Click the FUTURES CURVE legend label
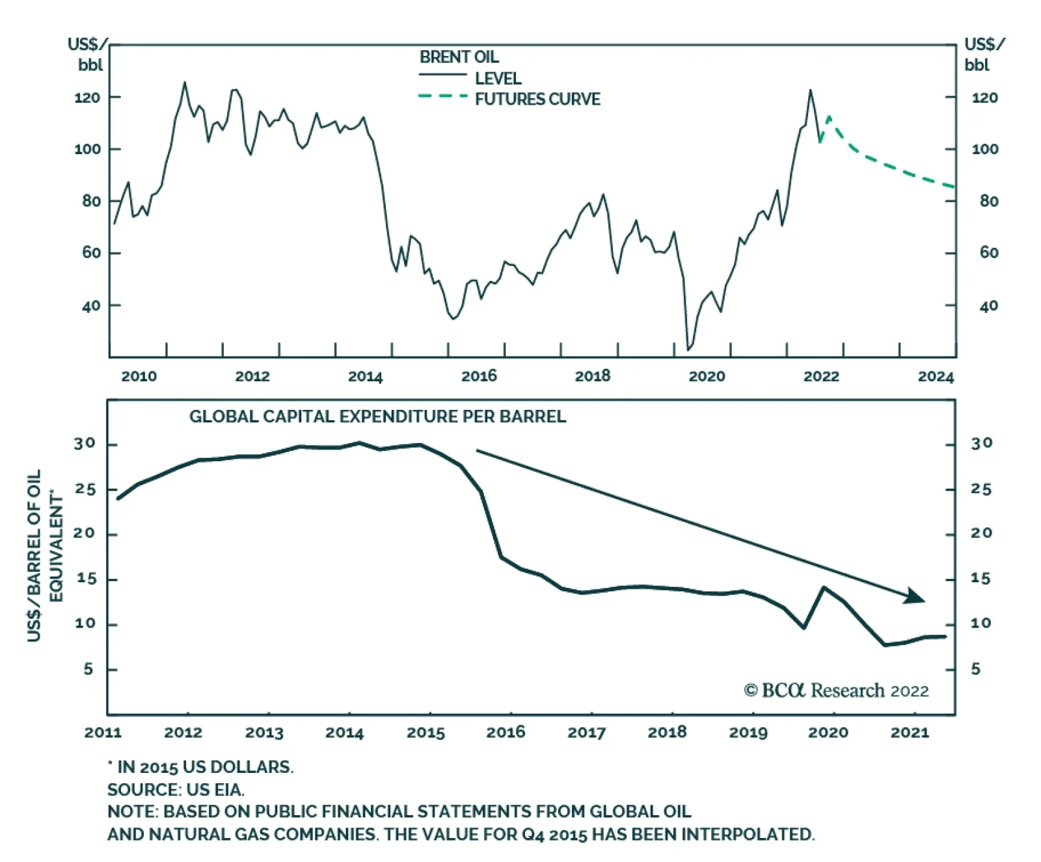tap(537, 100)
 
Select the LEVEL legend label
tap(498, 79)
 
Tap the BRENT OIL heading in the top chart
tap(459, 57)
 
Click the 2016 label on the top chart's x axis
tap(479, 376)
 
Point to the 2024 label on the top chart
tap(936, 377)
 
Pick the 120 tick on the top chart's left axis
tap(87, 98)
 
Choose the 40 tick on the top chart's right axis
tap(988, 306)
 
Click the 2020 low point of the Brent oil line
tap(688, 350)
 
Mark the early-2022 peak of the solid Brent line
tap(810, 90)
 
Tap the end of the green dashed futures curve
tap(954, 187)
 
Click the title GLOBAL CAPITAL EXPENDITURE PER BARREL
tap(377, 416)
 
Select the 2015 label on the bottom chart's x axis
tap(426, 733)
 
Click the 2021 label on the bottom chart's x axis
tap(910, 733)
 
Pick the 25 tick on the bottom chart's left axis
tap(85, 489)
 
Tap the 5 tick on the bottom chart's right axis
tap(975, 669)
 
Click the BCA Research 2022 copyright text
tap(836, 690)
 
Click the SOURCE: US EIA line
tap(176, 790)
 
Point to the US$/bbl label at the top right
tap(983, 55)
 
